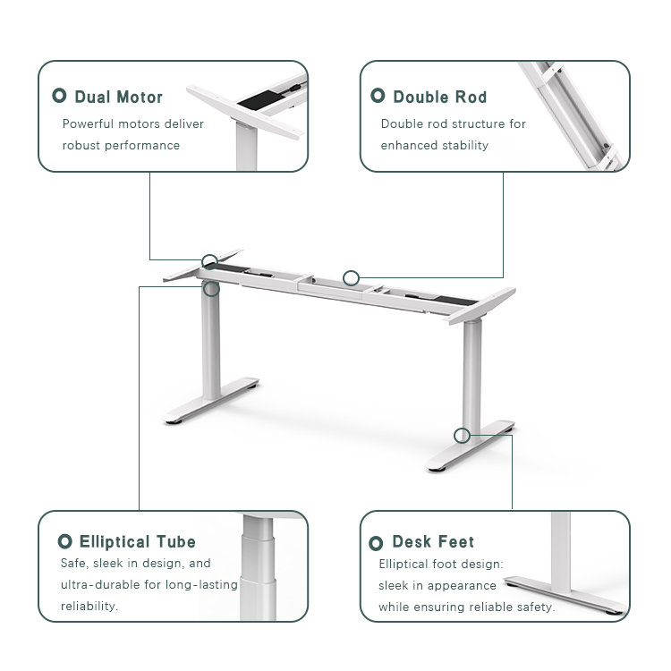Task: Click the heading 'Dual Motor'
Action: pyautogui.click(x=118, y=97)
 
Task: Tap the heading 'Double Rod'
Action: pyautogui.click(x=439, y=97)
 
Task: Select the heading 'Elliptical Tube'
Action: pyautogui.click(x=137, y=541)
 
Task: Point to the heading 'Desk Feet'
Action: pyautogui.click(x=433, y=541)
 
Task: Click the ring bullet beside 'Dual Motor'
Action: pyautogui.click(x=60, y=96)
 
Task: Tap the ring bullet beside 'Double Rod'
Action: pyautogui.click(x=378, y=96)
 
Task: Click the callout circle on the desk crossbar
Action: pyautogui.click(x=352, y=278)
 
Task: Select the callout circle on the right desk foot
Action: pyautogui.click(x=462, y=436)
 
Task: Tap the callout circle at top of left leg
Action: pyautogui.click(x=211, y=288)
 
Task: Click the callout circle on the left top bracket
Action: pyautogui.click(x=209, y=262)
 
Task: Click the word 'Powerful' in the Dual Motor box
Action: pyautogui.click(x=88, y=123)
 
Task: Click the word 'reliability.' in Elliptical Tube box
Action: pyautogui.click(x=89, y=606)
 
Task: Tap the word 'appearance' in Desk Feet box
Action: pyautogui.click(x=462, y=585)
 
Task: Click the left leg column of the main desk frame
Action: pyautogui.click(x=211, y=344)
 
